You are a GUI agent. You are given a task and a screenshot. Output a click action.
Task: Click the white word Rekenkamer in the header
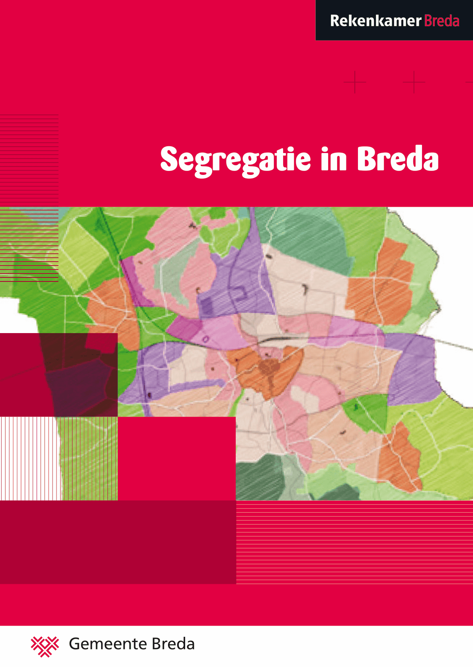click(x=375, y=21)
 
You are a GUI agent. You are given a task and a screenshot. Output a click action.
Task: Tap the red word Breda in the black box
click(x=442, y=21)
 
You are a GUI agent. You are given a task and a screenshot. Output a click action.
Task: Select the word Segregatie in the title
click(x=235, y=160)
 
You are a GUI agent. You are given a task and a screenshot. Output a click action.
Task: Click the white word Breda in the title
click(x=397, y=159)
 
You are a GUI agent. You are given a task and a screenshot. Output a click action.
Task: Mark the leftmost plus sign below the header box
click(x=355, y=82)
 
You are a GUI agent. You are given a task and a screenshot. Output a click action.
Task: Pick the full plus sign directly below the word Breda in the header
click(x=414, y=82)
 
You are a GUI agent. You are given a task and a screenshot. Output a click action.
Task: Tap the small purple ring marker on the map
click(x=205, y=339)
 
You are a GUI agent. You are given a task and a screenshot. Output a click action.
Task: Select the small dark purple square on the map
click(x=206, y=306)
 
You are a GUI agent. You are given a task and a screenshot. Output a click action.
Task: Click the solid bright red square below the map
click(x=177, y=458)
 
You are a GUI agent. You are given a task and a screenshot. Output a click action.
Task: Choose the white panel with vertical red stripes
click(x=30, y=458)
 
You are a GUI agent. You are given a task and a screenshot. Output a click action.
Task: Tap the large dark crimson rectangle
click(x=118, y=542)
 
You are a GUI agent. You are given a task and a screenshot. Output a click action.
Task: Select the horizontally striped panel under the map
click(x=354, y=542)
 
